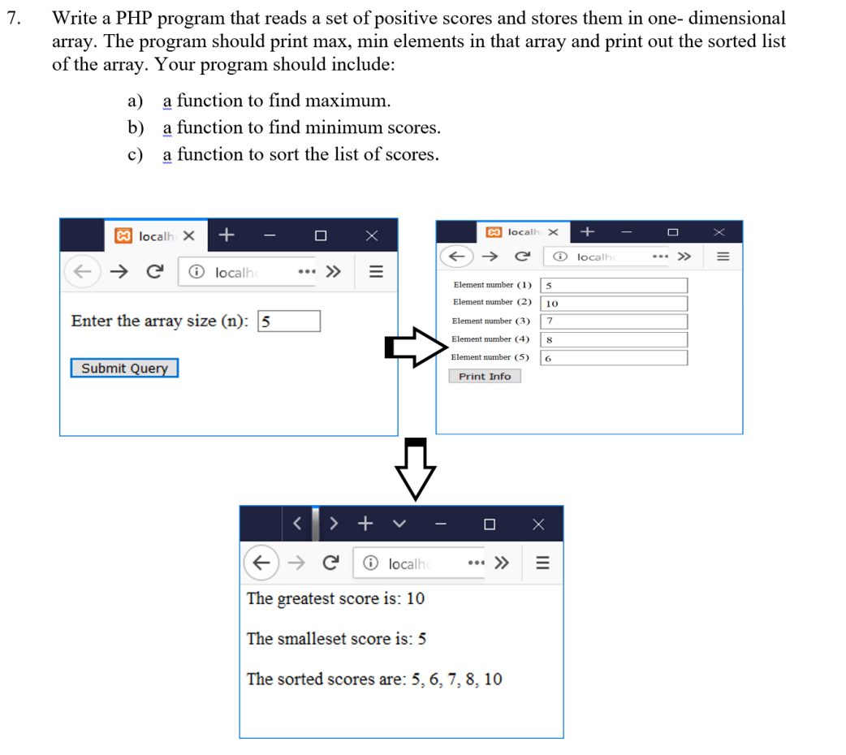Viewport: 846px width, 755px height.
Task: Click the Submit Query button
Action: (124, 369)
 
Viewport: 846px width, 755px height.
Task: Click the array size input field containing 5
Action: (288, 321)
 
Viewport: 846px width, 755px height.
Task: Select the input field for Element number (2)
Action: (614, 303)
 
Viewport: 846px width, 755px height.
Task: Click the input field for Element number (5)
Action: (614, 358)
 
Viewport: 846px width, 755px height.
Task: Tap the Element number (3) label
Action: (490, 321)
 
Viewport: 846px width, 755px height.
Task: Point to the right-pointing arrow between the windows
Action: (416, 347)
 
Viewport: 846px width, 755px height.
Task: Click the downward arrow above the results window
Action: (416, 469)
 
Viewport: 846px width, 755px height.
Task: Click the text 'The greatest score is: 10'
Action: (335, 599)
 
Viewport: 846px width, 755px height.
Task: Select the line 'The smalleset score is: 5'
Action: (336, 639)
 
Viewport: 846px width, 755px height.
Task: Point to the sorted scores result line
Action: (374, 679)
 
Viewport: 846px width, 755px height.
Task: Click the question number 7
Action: (12, 19)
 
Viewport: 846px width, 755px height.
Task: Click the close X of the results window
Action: (537, 524)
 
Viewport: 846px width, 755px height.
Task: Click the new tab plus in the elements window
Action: (588, 232)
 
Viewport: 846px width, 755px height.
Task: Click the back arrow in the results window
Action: (260, 563)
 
